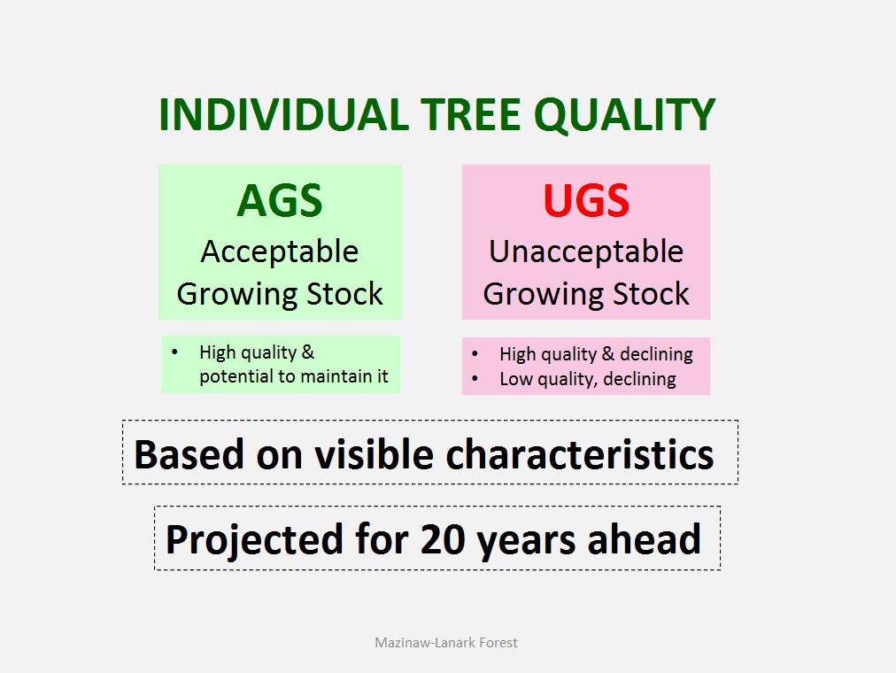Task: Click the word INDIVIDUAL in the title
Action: pyautogui.click(x=283, y=114)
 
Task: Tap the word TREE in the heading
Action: pyautogui.click(x=471, y=114)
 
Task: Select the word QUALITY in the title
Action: pyautogui.click(x=624, y=115)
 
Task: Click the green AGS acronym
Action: pyautogui.click(x=280, y=200)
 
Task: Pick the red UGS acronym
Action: pyautogui.click(x=586, y=200)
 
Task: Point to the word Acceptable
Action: pyautogui.click(x=280, y=252)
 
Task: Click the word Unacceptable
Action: pyautogui.click(x=586, y=251)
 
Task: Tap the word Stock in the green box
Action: pyautogui.click(x=344, y=294)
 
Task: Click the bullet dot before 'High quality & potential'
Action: pyautogui.click(x=174, y=352)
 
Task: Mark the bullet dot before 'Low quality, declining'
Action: pyautogui.click(x=475, y=378)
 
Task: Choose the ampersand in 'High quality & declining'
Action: pyautogui.click(x=608, y=354)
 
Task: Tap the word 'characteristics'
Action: pyautogui.click(x=580, y=455)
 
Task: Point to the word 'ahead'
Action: pyautogui.click(x=644, y=539)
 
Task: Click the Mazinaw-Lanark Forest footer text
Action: pyautogui.click(x=445, y=643)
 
